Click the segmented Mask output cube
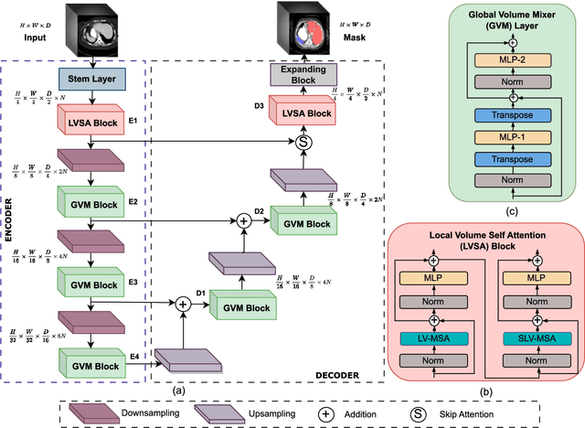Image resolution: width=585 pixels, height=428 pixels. click(301, 28)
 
